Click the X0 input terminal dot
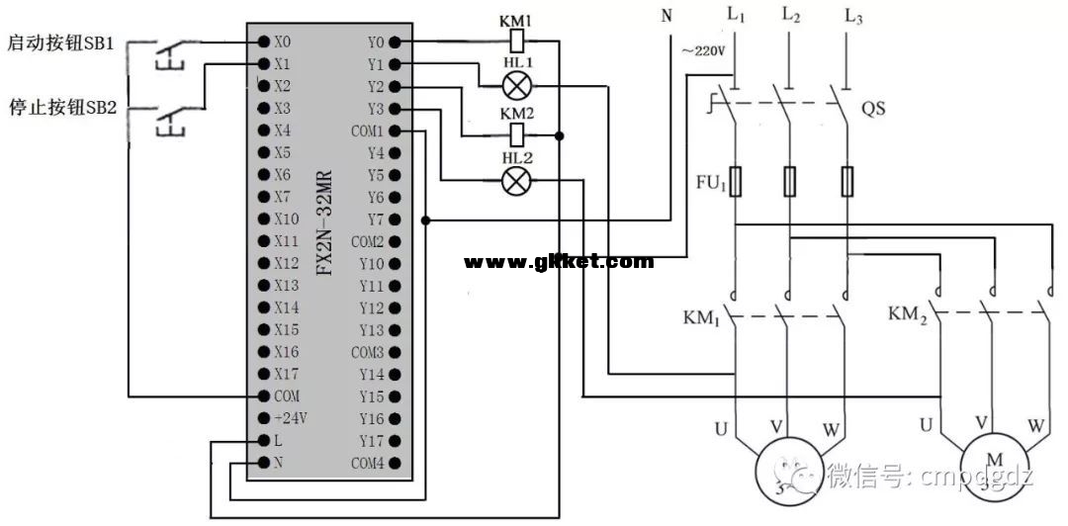tap(264, 43)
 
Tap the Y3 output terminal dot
tap(395, 109)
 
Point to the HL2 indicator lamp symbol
tap(517, 179)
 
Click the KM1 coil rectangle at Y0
tap(516, 42)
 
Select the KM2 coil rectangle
tap(516, 134)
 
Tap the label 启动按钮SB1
tap(62, 44)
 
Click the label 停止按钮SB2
tap(62, 107)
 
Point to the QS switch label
tap(873, 110)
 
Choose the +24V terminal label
tap(291, 418)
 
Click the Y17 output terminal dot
tap(395, 441)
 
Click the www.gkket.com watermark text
tap(559, 262)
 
